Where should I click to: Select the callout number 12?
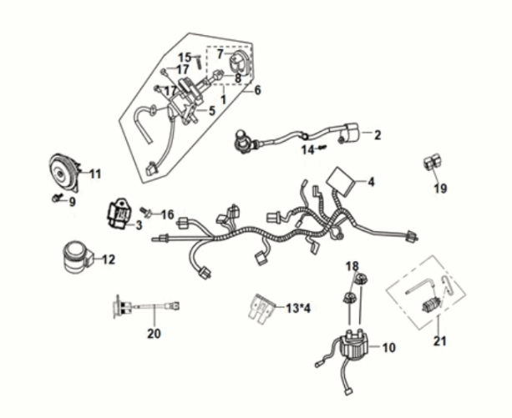click(109, 259)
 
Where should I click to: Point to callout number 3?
click(138, 225)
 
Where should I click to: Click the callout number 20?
click(153, 334)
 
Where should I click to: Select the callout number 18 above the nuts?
click(352, 265)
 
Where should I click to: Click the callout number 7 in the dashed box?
click(220, 54)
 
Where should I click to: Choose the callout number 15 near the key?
click(184, 57)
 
